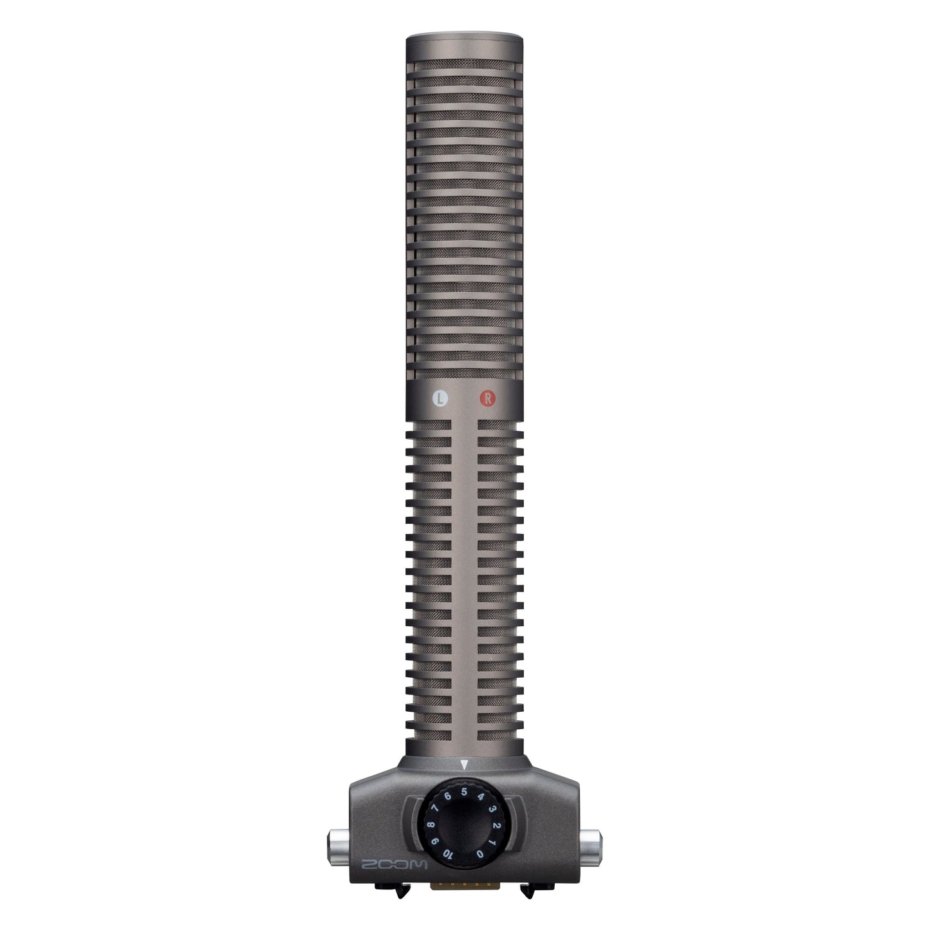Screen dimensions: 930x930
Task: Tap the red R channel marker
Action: (x=487, y=398)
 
